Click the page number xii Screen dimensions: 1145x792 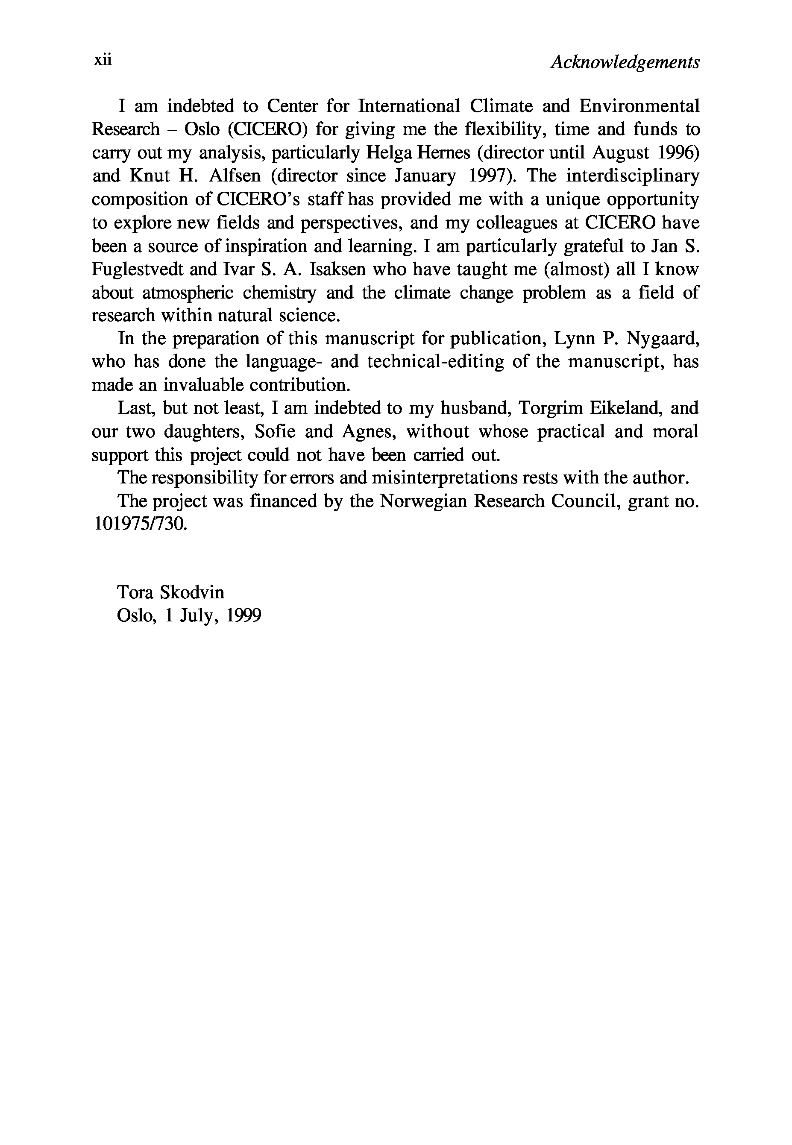click(103, 60)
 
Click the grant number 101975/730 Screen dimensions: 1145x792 click(140, 524)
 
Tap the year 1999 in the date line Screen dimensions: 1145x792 click(243, 616)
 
